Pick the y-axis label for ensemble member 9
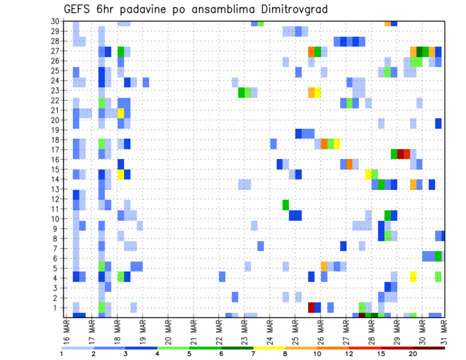[x=57, y=229]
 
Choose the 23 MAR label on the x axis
[x=244, y=329]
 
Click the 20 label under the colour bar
[x=413, y=353]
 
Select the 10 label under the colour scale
[x=318, y=353]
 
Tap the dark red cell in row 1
[x=312, y=308]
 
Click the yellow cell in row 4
[x=413, y=277]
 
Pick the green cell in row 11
[x=286, y=205]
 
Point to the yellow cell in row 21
[x=121, y=113]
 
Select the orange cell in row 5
[x=324, y=266]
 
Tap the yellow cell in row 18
[x=337, y=144]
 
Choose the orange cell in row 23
[x=312, y=92]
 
